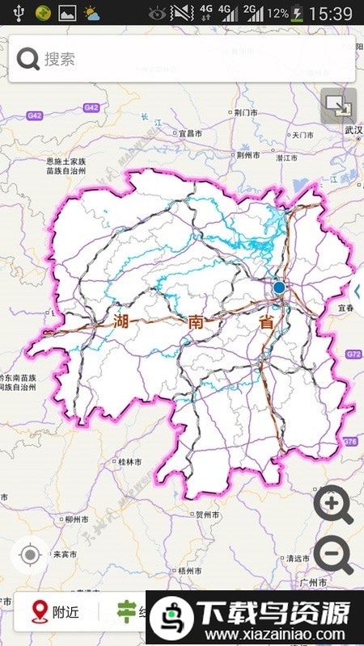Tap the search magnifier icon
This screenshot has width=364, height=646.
point(28,58)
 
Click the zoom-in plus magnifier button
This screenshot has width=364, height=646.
point(333,506)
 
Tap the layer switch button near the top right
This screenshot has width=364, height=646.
point(338,106)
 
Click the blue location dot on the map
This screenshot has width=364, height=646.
point(279,287)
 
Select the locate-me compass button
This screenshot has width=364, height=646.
point(31,556)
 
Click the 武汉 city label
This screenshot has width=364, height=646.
point(353,130)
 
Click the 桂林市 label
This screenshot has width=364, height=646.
point(129,462)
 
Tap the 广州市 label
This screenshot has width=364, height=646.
point(311,581)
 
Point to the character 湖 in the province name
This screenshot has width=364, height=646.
point(121,321)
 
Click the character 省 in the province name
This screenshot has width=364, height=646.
point(265,321)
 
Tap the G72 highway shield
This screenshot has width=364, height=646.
point(353,354)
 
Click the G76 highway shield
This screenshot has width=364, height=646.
point(349,441)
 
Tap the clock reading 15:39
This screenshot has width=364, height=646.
point(330,14)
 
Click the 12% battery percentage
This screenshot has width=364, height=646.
point(277,14)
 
